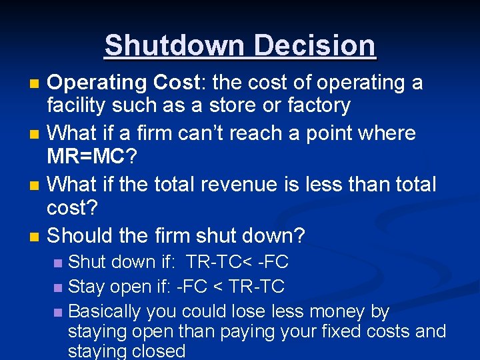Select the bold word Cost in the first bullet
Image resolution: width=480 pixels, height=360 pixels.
click(x=176, y=83)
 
